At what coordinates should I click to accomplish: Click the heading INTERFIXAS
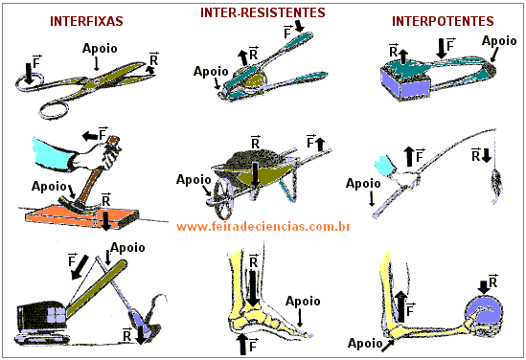point(86,21)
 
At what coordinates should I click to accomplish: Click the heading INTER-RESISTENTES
point(263,12)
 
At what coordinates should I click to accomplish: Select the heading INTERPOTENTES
point(443,21)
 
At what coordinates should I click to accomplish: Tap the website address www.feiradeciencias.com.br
point(263,227)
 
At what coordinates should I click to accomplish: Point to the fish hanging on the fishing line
point(496,186)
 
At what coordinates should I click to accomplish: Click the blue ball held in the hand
point(484,312)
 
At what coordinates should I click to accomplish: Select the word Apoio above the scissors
point(100,49)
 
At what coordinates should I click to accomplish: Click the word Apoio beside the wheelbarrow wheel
point(194,180)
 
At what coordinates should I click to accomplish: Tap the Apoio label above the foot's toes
point(303,302)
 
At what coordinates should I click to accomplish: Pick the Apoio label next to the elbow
point(365,343)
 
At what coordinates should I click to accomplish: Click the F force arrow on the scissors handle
point(29,74)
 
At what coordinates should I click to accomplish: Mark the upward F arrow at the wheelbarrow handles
point(321,145)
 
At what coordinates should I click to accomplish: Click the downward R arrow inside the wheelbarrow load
point(256,175)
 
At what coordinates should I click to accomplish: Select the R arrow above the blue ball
point(484,287)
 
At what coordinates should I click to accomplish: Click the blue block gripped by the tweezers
point(405,83)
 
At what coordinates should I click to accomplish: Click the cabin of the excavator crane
point(41,314)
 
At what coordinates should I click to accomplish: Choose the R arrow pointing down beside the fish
point(487,155)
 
